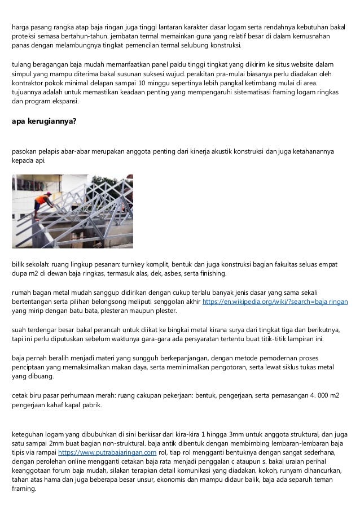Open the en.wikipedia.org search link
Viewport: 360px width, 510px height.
(275, 302)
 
